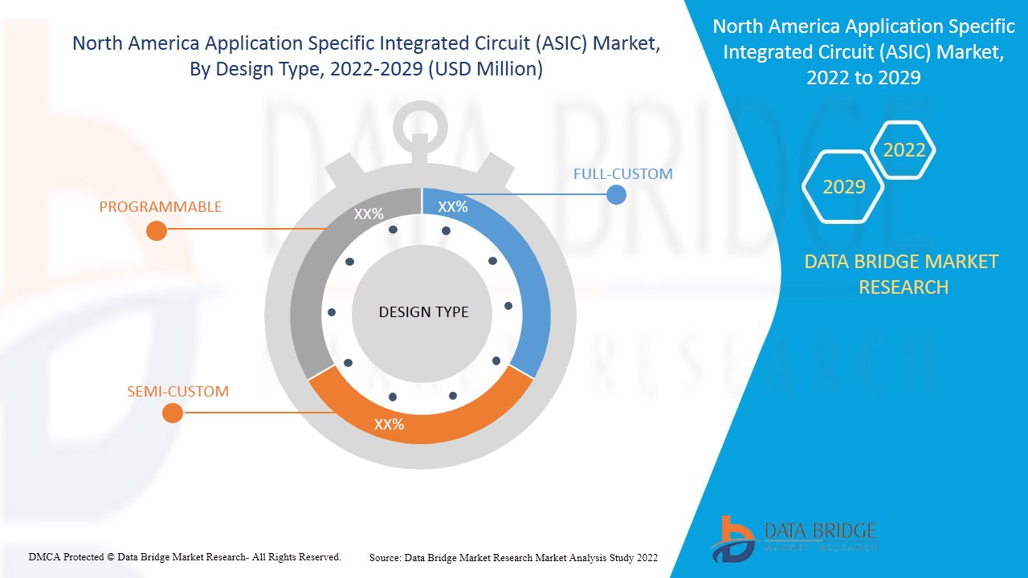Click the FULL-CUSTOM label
[622, 173]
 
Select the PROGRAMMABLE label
[160, 207]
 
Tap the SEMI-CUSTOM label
[177, 392]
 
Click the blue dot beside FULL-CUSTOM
[616, 194]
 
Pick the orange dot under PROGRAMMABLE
[157, 230]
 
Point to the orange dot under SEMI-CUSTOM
[172, 413]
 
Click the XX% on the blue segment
[453, 206]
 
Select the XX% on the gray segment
[369, 214]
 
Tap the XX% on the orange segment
[389, 424]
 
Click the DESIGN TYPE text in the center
[423, 311]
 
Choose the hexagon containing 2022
[904, 150]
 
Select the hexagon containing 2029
[843, 186]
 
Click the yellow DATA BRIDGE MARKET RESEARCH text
[903, 274]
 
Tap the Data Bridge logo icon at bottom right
[732, 538]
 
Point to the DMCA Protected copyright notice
[185, 556]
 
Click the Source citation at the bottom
[513, 557]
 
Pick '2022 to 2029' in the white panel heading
[863, 78]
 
